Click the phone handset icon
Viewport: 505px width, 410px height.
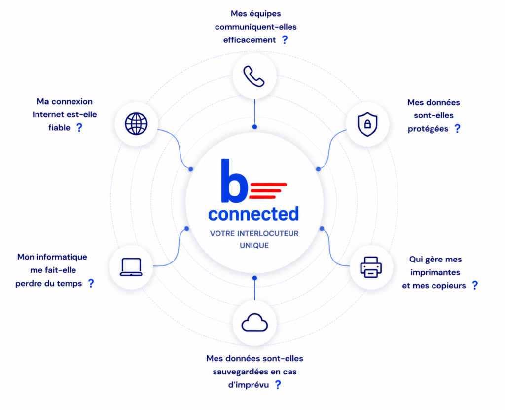pyautogui.click(x=254, y=76)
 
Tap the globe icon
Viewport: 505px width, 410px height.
pyautogui.click(x=136, y=124)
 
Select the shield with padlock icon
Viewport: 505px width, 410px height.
pyautogui.click(x=367, y=124)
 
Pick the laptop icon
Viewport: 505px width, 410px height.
pyautogui.click(x=131, y=267)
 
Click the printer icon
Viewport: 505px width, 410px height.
pyautogui.click(x=371, y=267)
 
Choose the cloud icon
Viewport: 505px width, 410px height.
pyautogui.click(x=254, y=322)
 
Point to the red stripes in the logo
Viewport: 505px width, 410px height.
pyautogui.click(x=268, y=191)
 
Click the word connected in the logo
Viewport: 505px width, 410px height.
pyautogui.click(x=253, y=214)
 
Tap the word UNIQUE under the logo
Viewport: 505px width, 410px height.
pyautogui.click(x=254, y=246)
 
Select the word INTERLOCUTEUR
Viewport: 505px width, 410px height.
pyautogui.click(x=268, y=234)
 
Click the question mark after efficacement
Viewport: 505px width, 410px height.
pyautogui.click(x=285, y=39)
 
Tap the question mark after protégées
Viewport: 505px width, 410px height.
pyautogui.click(x=457, y=129)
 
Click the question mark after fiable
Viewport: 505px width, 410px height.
pyautogui.click(x=79, y=128)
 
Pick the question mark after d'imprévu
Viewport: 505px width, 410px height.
pyautogui.click(x=278, y=384)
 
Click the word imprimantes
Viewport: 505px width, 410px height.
pyautogui.click(x=435, y=273)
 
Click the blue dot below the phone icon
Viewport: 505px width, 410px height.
pyautogui.click(x=255, y=127)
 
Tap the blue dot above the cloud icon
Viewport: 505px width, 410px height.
pyautogui.click(x=255, y=278)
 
